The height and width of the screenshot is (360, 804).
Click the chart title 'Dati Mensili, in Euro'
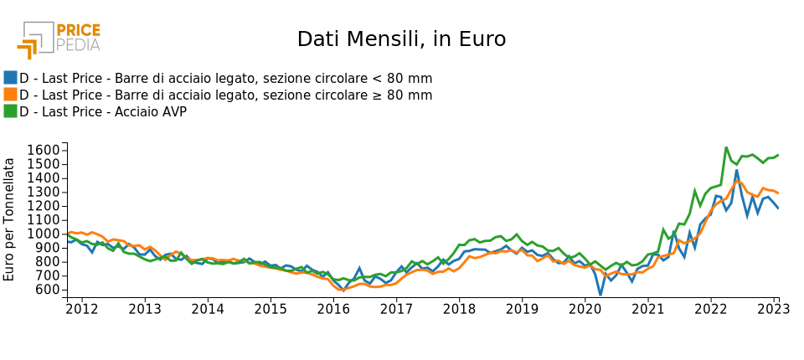click(x=401, y=39)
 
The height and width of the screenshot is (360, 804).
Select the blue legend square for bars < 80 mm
click(x=10, y=78)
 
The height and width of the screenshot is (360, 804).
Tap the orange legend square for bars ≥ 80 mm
click(x=10, y=95)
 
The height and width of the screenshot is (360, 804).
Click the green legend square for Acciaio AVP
click(x=10, y=111)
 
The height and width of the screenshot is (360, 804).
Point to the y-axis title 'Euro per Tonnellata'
click(x=10, y=219)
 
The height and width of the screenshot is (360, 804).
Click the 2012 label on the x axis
click(x=81, y=310)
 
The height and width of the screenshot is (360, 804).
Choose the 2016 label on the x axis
click(x=333, y=310)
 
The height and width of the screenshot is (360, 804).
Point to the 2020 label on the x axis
click(x=585, y=310)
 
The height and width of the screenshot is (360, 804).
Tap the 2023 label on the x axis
click(x=773, y=310)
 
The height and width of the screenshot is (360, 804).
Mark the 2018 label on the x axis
click(x=459, y=310)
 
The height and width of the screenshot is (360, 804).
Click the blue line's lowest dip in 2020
click(x=600, y=295)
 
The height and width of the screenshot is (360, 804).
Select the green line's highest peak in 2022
click(x=726, y=147)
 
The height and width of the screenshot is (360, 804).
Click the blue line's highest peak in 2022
click(x=737, y=171)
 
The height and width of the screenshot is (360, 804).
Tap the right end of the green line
click(x=778, y=155)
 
